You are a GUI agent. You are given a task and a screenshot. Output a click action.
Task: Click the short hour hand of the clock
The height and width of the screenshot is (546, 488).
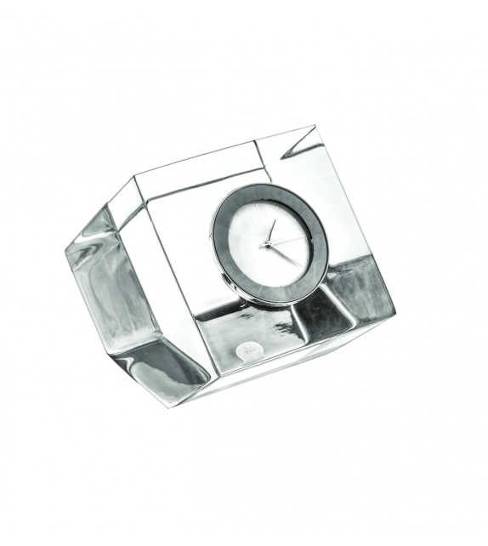(271, 231)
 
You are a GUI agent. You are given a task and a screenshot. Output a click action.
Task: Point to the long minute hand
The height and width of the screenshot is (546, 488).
(284, 253)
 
